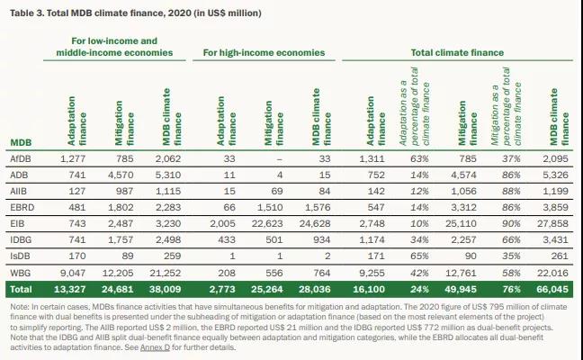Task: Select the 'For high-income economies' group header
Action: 264,52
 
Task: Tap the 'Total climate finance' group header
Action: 457,52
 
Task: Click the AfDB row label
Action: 21,158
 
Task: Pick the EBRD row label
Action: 22,207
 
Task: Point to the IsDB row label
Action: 20,256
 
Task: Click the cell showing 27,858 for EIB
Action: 552,223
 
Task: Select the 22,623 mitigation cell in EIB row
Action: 267,223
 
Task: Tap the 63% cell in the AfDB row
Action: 419,158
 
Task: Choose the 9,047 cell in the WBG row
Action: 73,273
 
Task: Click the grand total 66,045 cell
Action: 552,289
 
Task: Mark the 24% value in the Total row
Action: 419,289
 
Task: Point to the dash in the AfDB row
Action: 280,159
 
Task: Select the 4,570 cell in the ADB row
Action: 121,175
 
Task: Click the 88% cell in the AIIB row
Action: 511,191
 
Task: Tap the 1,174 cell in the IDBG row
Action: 372,240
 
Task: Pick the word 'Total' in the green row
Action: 21,289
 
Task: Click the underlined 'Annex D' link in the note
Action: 155,347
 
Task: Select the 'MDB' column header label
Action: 21,142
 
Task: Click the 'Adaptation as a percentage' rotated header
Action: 414,106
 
